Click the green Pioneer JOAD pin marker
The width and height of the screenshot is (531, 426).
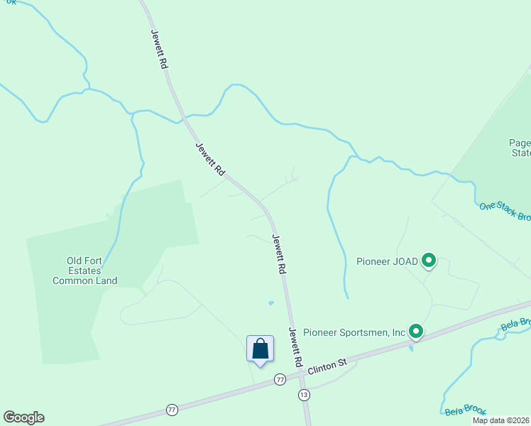click(x=428, y=261)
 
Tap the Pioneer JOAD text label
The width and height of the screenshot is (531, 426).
click(x=387, y=261)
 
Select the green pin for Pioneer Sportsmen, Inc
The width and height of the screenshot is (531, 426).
click(x=415, y=331)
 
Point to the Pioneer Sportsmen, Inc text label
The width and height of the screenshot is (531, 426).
click(x=354, y=332)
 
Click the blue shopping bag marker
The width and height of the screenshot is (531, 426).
click(x=260, y=349)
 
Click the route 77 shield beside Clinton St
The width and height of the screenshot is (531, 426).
click(x=280, y=381)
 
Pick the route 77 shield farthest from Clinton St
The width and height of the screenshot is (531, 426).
click(x=171, y=410)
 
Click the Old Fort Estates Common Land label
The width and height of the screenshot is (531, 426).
click(x=86, y=271)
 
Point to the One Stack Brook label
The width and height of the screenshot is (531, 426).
click(x=505, y=212)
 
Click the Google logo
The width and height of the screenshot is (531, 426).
click(x=23, y=417)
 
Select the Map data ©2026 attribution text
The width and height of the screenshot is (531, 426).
click(x=500, y=420)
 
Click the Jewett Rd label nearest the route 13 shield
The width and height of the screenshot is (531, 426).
click(x=296, y=346)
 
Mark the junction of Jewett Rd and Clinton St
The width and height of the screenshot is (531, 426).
click(x=300, y=376)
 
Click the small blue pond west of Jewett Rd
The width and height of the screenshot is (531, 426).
click(x=270, y=303)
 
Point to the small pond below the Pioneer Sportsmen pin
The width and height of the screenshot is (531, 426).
click(x=411, y=348)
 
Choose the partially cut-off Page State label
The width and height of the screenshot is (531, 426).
click(x=520, y=147)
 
